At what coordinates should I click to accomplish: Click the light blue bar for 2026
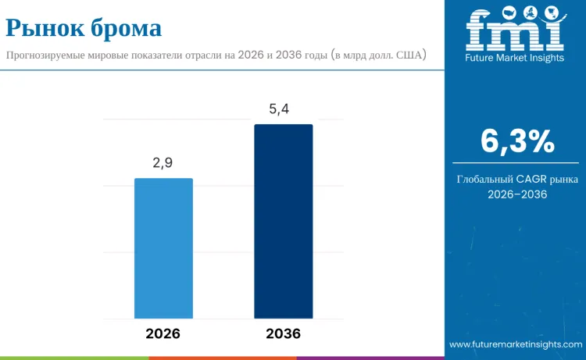coord(163,248)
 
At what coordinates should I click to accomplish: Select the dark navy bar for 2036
coord(283,221)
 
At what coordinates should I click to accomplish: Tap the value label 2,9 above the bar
coord(163,163)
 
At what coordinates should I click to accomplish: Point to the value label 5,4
coord(279,109)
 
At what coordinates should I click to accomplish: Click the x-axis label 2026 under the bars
coord(163,333)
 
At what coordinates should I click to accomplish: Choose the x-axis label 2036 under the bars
coord(283,333)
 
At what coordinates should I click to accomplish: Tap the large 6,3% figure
coord(517,141)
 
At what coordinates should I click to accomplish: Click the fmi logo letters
coord(516,31)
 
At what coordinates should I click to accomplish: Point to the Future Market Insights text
coord(515,58)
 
